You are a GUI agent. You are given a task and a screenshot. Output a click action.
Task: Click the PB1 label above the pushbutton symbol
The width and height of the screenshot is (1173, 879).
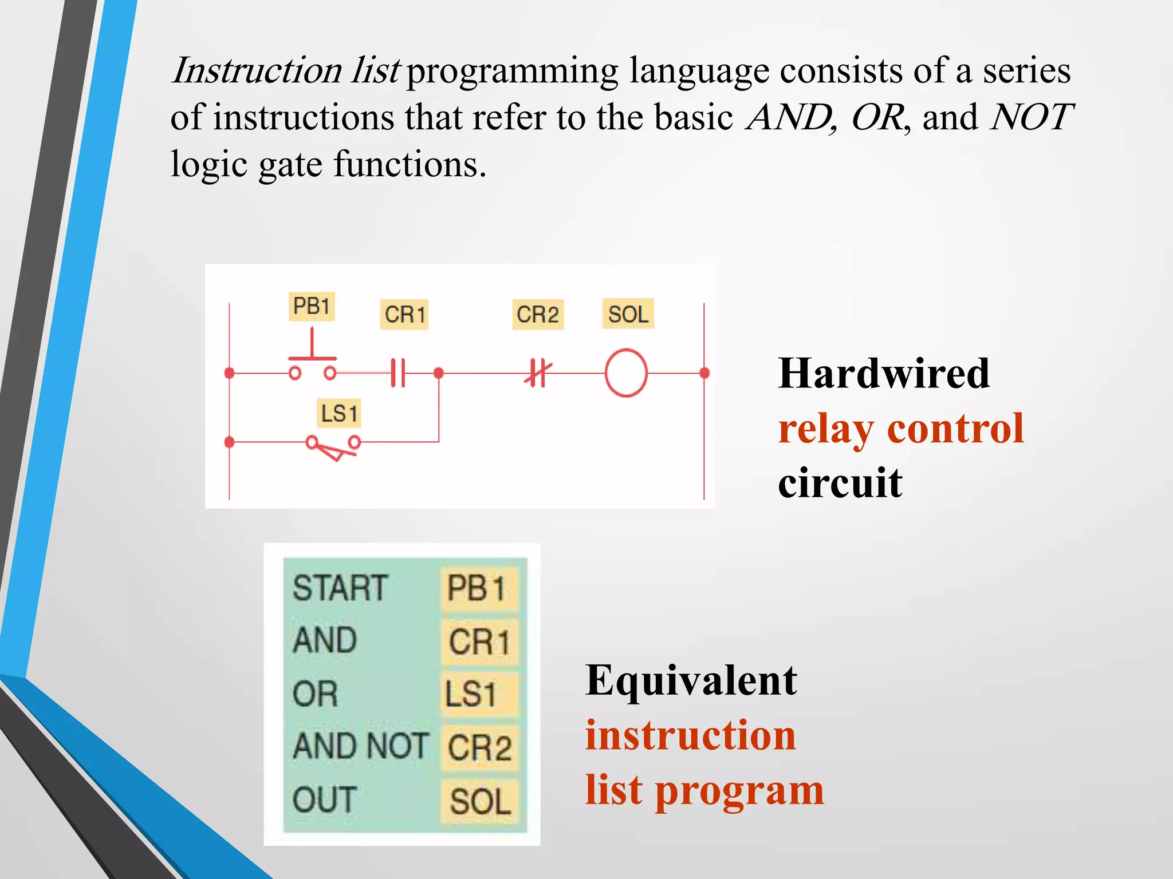point(311,306)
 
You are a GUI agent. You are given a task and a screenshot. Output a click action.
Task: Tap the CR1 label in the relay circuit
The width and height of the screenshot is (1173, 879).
point(404,315)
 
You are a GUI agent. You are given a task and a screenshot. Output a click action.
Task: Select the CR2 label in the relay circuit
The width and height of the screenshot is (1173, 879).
point(537,315)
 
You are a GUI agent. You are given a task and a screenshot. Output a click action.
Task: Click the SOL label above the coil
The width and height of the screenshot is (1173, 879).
point(628,314)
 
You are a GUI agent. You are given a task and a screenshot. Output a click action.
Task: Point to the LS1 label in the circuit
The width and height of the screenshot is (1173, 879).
point(339,414)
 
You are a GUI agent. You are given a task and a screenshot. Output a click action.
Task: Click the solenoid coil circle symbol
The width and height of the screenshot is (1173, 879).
point(626,373)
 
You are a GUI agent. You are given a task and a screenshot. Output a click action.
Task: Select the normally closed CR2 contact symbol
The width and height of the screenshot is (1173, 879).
point(537,373)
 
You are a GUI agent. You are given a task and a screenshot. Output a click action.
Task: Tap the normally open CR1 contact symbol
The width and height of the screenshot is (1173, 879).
point(398,373)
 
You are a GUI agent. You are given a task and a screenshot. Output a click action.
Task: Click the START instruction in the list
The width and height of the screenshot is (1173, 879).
point(340,588)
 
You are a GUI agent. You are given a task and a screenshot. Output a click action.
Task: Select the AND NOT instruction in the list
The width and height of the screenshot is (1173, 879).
point(360,746)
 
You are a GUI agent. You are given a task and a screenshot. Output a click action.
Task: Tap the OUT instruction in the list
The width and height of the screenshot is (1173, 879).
point(324,799)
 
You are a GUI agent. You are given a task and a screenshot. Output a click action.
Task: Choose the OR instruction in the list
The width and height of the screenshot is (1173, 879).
point(315,694)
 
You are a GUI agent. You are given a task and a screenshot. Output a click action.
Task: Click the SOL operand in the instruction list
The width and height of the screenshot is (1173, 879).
point(480,801)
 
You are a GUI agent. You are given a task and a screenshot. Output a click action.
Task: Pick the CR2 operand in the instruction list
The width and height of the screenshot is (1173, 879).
point(480,748)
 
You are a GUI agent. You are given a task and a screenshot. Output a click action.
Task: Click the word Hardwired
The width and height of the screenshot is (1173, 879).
point(883,374)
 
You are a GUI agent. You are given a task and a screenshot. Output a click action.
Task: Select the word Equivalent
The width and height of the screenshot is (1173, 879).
point(691,680)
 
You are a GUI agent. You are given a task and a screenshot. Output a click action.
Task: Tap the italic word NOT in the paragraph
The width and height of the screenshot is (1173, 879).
point(1031,117)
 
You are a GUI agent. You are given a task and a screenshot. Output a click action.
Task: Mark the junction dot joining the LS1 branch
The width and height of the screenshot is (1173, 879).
point(439,373)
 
